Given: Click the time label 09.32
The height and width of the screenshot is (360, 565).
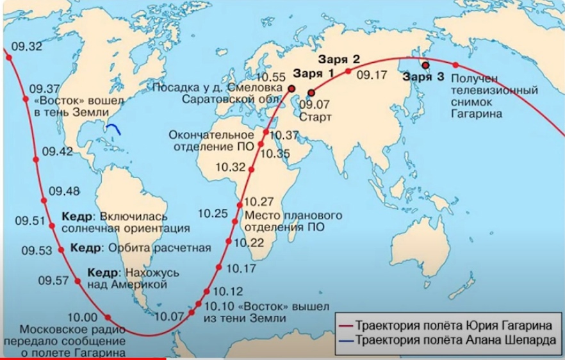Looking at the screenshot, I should pyautogui.click(x=27, y=46).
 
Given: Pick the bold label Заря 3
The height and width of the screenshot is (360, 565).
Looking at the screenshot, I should pyautogui.click(x=423, y=78).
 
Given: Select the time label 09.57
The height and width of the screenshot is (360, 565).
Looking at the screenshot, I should pyautogui.click(x=53, y=280).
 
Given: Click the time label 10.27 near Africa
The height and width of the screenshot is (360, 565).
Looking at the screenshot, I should pyautogui.click(x=259, y=200).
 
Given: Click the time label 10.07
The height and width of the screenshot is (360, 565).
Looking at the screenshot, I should pyautogui.click(x=169, y=315).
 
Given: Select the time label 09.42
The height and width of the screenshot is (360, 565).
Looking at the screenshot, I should pyautogui.click(x=56, y=152).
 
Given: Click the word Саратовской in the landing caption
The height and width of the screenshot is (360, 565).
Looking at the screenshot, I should pyautogui.click(x=209, y=99).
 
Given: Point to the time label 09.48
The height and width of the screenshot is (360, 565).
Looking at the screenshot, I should pyautogui.click(x=64, y=190).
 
